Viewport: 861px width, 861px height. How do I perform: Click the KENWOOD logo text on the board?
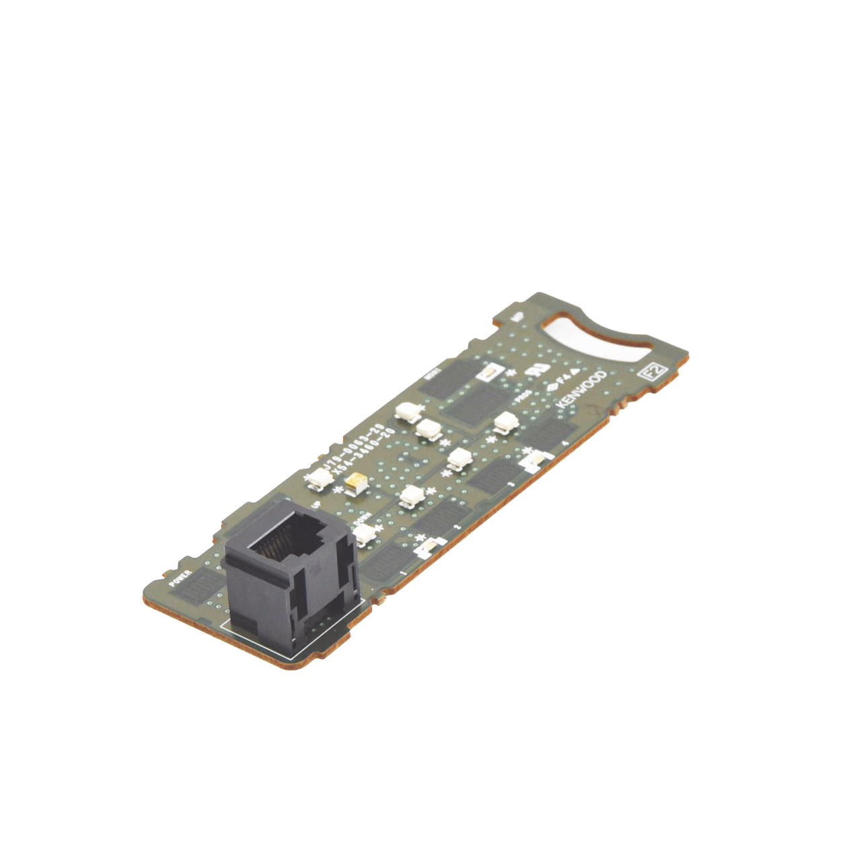point(580,391)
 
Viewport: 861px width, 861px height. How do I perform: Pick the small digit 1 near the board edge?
point(402,571)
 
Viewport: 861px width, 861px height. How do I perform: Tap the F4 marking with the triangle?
point(564,375)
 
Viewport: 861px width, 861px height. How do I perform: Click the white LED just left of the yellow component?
point(318,478)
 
